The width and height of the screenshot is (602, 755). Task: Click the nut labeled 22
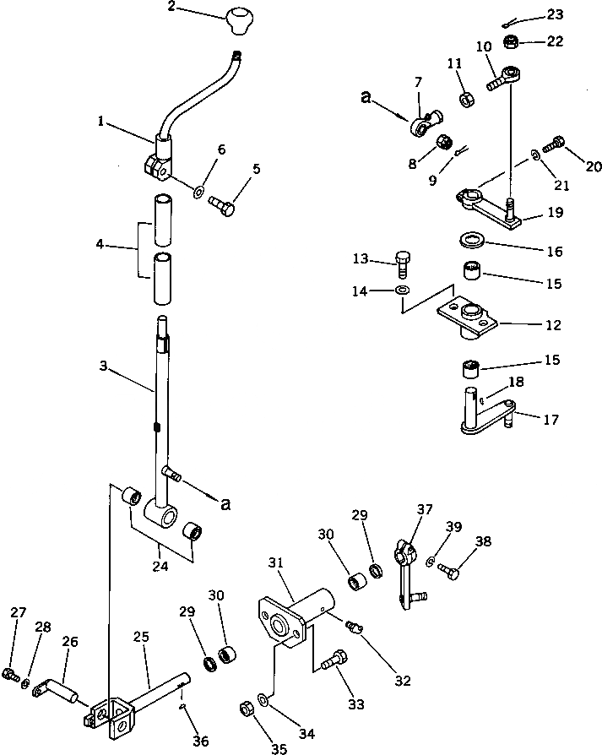tap(511, 41)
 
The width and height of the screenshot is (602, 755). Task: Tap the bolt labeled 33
tap(331, 660)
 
